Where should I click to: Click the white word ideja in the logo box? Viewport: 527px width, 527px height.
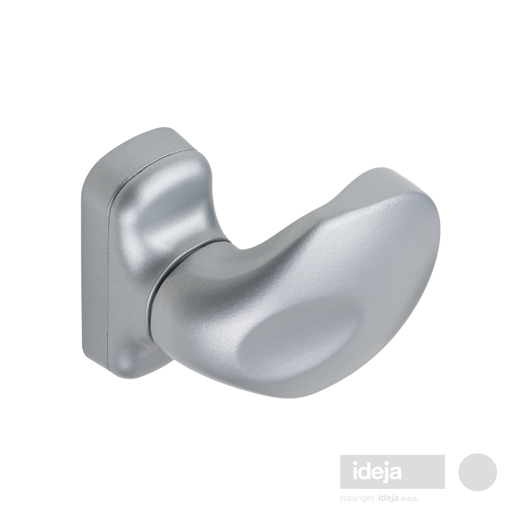377,472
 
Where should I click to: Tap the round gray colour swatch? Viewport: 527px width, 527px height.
478,472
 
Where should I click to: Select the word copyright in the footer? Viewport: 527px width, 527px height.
357,498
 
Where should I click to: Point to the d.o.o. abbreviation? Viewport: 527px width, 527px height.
409,498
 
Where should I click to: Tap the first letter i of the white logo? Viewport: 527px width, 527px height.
355,471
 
